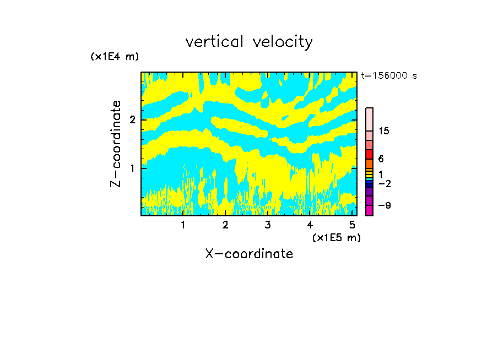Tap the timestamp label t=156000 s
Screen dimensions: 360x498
[x=389, y=76]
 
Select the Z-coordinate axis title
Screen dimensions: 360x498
[x=116, y=144]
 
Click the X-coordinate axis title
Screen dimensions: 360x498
[x=249, y=254]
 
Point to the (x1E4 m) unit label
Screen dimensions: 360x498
[x=115, y=57]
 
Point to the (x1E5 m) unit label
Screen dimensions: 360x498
[x=336, y=237]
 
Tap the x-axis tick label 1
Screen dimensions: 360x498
[x=183, y=225]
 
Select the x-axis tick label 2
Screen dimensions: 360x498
[x=225, y=225]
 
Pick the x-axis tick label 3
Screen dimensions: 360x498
[x=267, y=225]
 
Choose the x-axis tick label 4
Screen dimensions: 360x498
[x=310, y=225]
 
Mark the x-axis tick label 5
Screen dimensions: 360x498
[x=352, y=225]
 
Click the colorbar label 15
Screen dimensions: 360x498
[x=384, y=131]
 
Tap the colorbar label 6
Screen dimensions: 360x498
[x=381, y=159]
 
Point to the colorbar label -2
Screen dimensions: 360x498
[x=385, y=183]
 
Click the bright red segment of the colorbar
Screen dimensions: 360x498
[x=369, y=155]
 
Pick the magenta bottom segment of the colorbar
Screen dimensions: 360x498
[x=369, y=210]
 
